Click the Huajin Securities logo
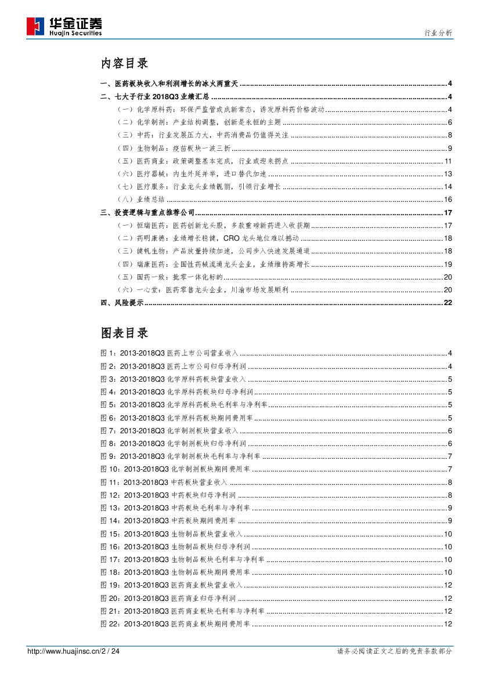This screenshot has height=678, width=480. [x=64, y=26]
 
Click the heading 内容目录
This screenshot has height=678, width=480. [x=124, y=63]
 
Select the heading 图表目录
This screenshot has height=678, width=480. [x=124, y=333]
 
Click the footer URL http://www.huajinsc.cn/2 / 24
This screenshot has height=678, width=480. [x=74, y=651]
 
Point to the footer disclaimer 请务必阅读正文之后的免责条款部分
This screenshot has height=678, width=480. [x=394, y=651]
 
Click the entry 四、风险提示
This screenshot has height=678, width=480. [x=122, y=303]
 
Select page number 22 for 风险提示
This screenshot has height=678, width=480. [x=447, y=303]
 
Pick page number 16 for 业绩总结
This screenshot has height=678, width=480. [x=447, y=200]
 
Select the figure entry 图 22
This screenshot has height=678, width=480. [x=175, y=624]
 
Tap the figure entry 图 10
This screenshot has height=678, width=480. [x=175, y=469]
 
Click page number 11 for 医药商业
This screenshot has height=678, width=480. [x=447, y=161]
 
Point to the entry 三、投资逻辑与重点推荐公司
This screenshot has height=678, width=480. [x=147, y=213]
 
